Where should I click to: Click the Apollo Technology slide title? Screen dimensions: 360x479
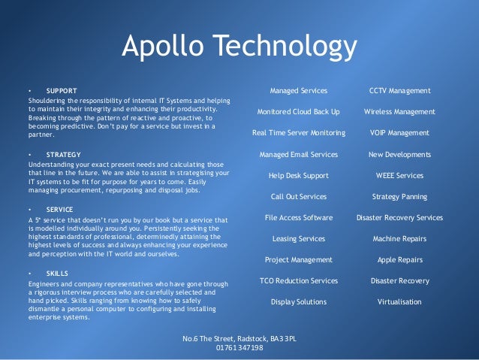click(239, 47)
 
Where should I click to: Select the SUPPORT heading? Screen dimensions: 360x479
click(62, 90)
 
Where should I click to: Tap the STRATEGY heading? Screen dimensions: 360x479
click(65, 155)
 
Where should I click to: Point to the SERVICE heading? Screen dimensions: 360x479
click(60, 210)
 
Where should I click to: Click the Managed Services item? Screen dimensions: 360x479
click(298, 91)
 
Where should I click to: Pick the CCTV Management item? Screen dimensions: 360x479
click(399, 91)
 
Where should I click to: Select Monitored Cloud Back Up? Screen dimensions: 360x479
click(298, 112)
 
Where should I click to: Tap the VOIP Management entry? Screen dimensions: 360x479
click(399, 133)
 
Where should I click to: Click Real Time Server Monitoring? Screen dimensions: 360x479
click(298, 133)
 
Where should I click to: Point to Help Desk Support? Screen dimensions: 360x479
click(298, 175)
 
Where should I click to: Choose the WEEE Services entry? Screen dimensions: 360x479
click(399, 175)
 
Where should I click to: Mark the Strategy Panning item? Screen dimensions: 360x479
click(399, 196)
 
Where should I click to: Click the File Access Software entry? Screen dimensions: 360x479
click(298, 218)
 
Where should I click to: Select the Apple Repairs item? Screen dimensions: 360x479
click(399, 259)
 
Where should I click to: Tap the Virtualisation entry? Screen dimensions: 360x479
click(399, 302)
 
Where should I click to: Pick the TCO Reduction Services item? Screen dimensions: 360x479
click(298, 280)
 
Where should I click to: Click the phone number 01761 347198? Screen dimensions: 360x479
click(239, 347)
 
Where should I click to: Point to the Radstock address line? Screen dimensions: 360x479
click(239, 338)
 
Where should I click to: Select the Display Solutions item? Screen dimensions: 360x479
click(298, 302)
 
